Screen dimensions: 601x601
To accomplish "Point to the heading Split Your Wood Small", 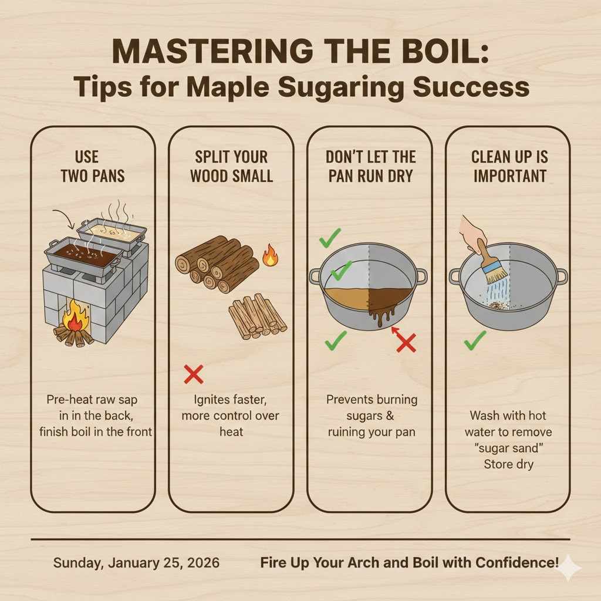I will click(231, 167).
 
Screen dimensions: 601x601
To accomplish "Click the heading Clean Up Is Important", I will click(508, 167).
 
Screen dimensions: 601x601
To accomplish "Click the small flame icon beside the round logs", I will click(270, 256).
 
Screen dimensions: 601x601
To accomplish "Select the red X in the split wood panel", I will click(194, 374).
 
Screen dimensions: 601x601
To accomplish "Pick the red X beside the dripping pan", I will click(406, 342).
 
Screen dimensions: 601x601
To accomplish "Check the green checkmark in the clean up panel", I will click(475, 340).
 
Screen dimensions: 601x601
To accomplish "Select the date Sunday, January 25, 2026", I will click(136, 563).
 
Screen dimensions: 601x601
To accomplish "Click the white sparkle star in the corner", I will click(568, 568).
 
